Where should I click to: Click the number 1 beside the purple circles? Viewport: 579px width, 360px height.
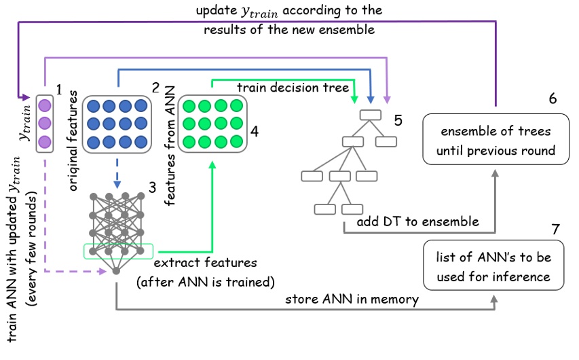[x=59, y=88]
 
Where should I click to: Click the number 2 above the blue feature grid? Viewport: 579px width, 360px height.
[x=155, y=88]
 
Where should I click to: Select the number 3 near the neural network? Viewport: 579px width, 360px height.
[x=153, y=185]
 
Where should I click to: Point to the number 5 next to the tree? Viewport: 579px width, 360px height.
[x=398, y=121]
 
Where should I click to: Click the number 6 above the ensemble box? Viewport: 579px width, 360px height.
[x=553, y=98]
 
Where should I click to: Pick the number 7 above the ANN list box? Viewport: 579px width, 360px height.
[x=555, y=228]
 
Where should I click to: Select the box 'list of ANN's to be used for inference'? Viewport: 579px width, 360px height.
[x=493, y=266]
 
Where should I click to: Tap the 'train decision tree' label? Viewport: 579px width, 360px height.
[x=293, y=88]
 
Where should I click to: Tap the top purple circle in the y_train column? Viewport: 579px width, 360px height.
[x=45, y=106]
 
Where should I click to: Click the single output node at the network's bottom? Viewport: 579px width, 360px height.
[x=116, y=271]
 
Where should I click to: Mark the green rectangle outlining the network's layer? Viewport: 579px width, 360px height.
[x=119, y=251]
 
